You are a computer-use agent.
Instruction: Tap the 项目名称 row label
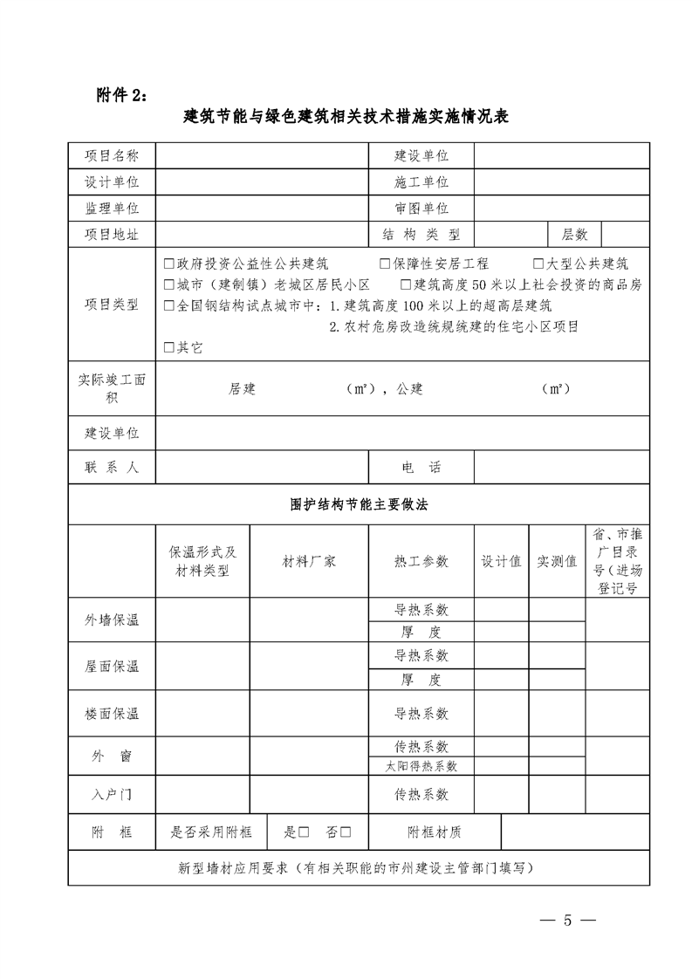click(x=112, y=155)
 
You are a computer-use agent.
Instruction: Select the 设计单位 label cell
click(x=112, y=181)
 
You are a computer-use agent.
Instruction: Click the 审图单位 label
click(x=421, y=209)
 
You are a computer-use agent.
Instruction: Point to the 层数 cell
click(x=575, y=235)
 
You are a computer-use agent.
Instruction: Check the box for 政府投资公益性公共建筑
click(x=169, y=264)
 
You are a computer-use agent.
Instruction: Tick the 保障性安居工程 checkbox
click(x=385, y=264)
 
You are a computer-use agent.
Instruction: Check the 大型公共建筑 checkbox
click(x=538, y=264)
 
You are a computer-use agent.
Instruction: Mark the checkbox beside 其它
click(x=169, y=347)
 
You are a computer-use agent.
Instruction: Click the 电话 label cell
click(x=421, y=467)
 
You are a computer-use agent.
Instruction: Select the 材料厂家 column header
click(x=309, y=562)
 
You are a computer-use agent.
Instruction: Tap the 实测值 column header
click(x=557, y=562)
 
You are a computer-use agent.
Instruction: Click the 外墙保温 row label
click(x=112, y=620)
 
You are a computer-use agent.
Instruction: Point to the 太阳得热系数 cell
click(x=421, y=766)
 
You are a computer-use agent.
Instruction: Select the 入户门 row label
click(x=112, y=795)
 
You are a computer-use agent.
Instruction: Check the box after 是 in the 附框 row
click(x=305, y=832)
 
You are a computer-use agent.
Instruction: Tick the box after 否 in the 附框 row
click(x=346, y=832)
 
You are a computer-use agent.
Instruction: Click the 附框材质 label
click(x=435, y=832)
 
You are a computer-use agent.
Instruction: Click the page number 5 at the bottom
click(x=566, y=921)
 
